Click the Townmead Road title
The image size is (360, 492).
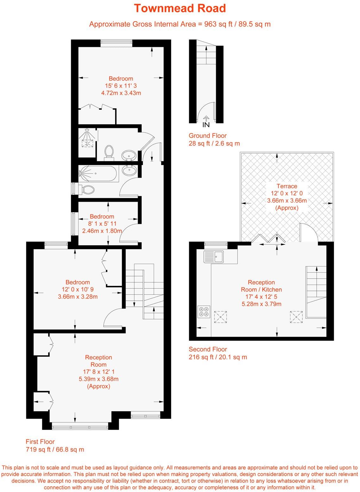point(180,8)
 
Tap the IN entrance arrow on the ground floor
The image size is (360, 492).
point(206,120)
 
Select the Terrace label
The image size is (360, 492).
point(287,186)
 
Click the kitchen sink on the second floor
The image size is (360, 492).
point(214,256)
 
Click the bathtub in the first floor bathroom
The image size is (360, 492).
point(98,173)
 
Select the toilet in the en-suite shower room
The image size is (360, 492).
point(109,151)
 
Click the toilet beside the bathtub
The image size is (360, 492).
point(87,190)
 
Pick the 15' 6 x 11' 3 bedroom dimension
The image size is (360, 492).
point(121,86)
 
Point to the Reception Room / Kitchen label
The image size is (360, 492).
point(261,286)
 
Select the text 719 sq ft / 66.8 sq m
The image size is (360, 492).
point(55,450)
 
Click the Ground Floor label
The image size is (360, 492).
point(208,136)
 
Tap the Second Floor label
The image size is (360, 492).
point(208,349)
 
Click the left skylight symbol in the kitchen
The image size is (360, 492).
point(220,317)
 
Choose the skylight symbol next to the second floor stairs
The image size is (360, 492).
point(296,317)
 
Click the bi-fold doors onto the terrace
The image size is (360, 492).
point(268,238)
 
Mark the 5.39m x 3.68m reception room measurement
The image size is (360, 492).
point(98,379)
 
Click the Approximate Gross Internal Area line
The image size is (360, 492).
point(180,24)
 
